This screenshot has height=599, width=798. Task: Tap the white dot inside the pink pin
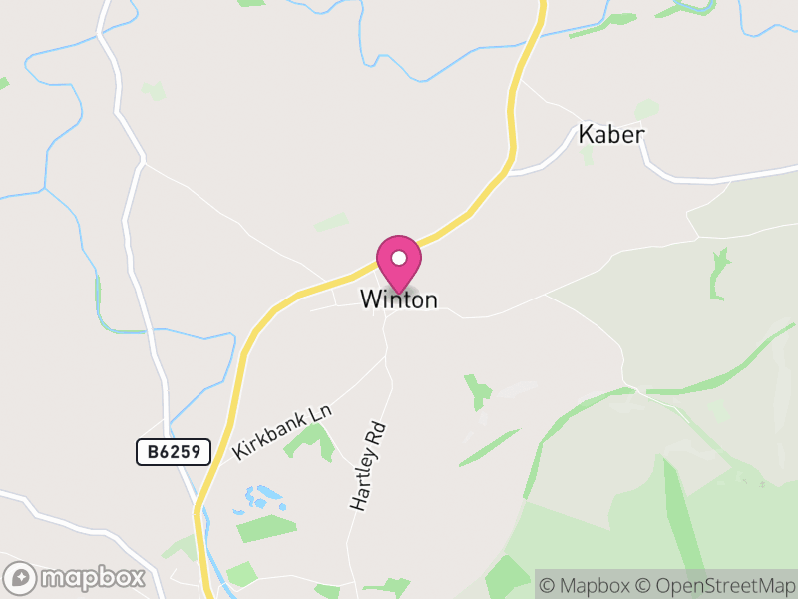(399, 257)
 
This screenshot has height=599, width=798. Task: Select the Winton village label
(399, 299)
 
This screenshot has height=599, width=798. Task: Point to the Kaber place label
(611, 135)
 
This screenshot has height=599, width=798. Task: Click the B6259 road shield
(174, 452)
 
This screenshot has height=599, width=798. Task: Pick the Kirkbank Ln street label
(281, 432)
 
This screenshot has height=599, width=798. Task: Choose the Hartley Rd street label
(367, 466)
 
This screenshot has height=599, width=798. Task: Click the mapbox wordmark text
(93, 577)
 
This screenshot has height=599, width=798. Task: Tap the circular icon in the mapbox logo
(22, 577)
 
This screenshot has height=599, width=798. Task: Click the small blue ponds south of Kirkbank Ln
(261, 496)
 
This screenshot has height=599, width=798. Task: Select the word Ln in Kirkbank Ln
(318, 412)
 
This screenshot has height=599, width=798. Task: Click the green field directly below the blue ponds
(266, 528)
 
